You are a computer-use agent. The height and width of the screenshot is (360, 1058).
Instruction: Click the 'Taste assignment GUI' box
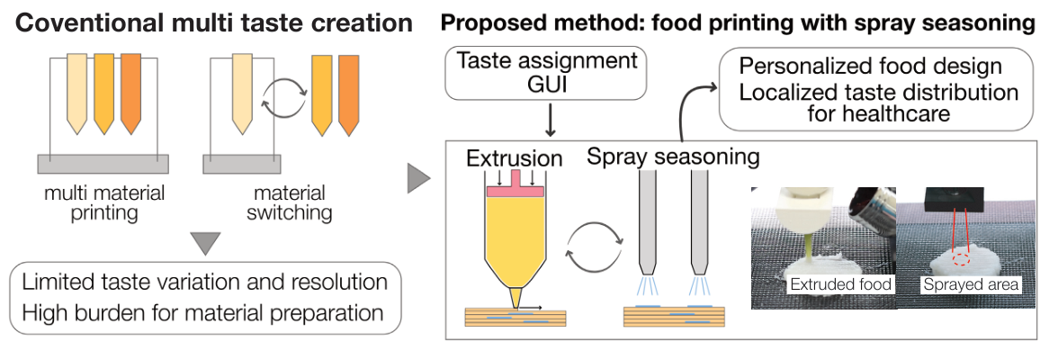[547, 73]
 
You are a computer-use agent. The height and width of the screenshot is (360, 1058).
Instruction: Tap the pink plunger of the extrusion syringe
[516, 188]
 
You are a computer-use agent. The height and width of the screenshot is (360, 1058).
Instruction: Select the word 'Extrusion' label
[515, 158]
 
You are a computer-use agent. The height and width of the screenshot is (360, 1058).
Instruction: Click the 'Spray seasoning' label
[673, 156]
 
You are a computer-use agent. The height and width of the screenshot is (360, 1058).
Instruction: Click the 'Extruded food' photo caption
[840, 284]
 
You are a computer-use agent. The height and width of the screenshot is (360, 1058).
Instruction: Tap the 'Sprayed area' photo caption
[970, 284]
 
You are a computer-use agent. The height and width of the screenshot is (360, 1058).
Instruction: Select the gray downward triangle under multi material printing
[206, 243]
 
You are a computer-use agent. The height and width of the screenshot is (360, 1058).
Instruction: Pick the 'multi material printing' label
[104, 203]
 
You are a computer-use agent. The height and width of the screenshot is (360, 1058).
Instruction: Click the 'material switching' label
[289, 203]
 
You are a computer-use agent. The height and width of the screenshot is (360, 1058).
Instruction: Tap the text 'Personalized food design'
[871, 67]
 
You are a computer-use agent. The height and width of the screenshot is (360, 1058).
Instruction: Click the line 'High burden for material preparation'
[203, 312]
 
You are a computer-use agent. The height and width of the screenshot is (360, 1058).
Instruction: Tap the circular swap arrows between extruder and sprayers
[594, 247]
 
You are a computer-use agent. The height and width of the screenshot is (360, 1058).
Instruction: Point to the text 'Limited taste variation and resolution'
[205, 281]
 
